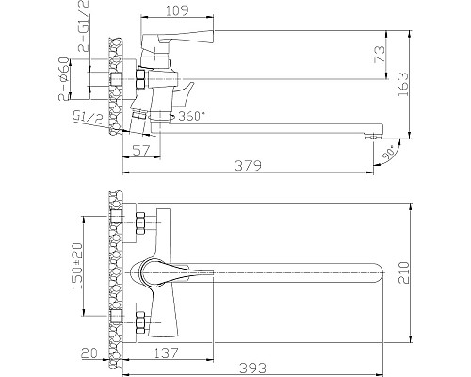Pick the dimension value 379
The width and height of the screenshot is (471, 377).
coord(247,166)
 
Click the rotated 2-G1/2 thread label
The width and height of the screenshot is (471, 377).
coord(76,32)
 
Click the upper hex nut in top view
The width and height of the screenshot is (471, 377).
coord(142,225)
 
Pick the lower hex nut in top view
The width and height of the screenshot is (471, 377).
coord(142,320)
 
